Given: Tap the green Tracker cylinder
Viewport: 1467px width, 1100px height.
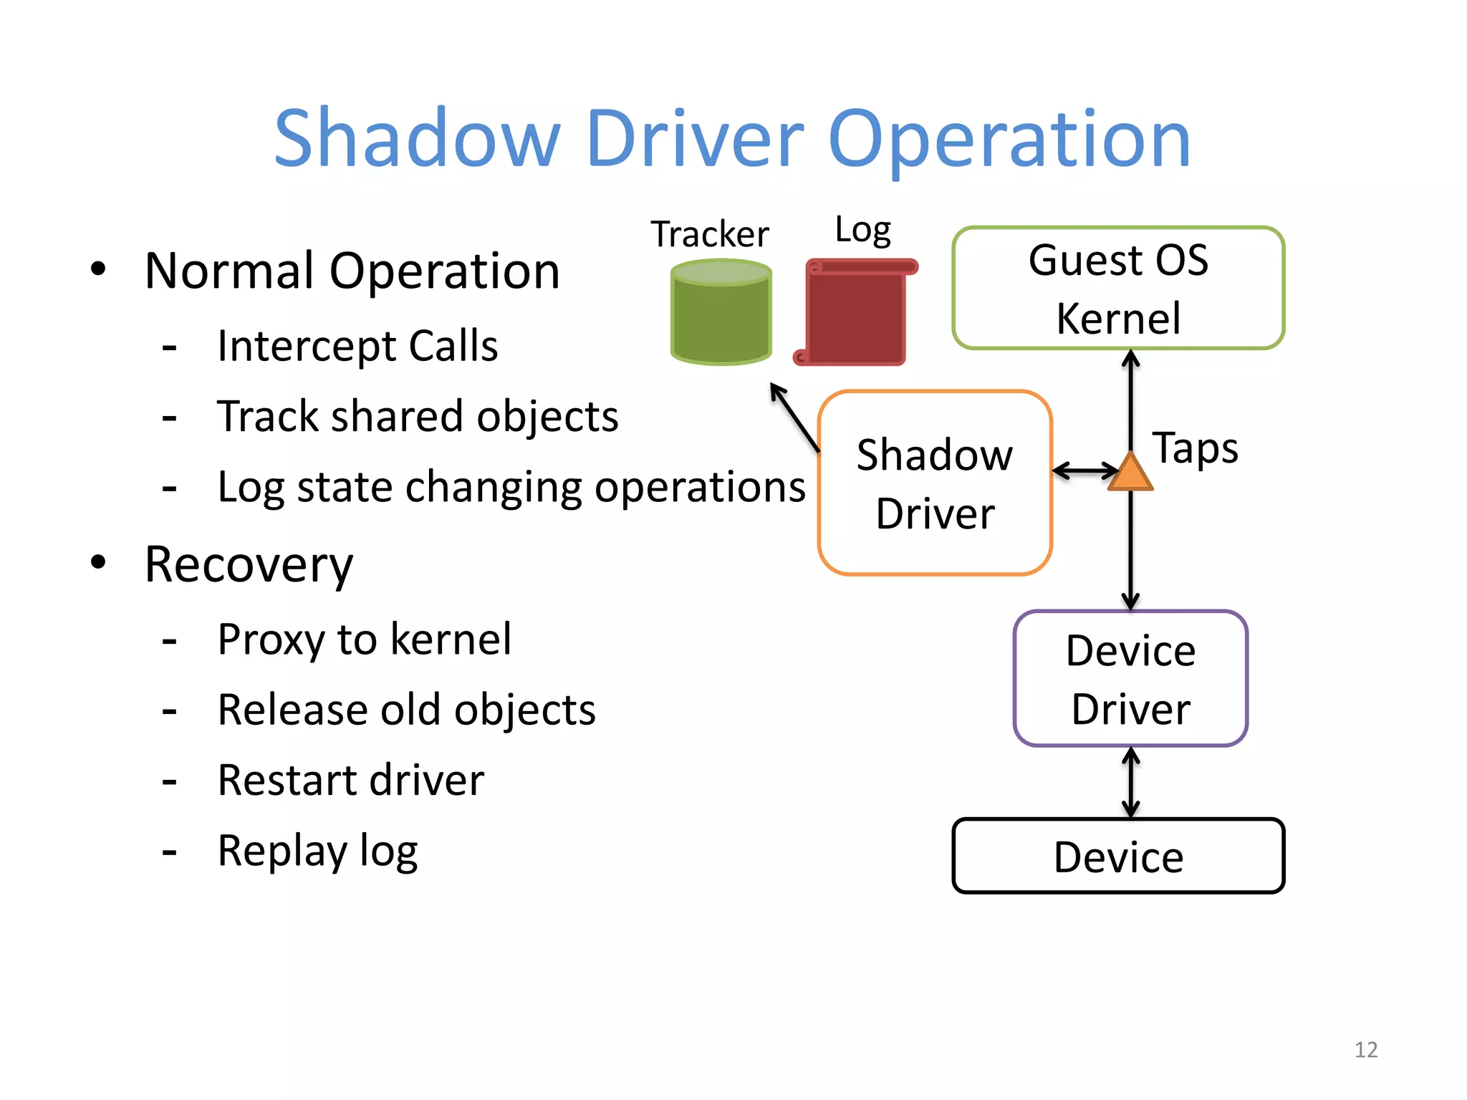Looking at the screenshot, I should [x=721, y=313].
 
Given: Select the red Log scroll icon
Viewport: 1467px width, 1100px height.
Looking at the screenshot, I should [x=854, y=314].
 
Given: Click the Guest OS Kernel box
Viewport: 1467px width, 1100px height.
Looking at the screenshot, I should [x=1117, y=288].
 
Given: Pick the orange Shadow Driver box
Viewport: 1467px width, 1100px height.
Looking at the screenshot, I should [x=934, y=483].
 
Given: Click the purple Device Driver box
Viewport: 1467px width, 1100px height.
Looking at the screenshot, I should [x=1130, y=679].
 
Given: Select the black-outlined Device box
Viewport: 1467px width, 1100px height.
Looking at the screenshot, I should [x=1117, y=857].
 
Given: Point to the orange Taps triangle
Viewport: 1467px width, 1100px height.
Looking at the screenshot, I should [x=1130, y=474].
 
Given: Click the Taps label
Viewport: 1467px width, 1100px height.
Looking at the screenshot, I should [x=1195, y=449].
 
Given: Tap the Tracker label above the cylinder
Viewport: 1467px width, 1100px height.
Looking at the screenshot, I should [x=709, y=234].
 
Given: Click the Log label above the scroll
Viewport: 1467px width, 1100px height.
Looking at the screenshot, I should [x=862, y=230].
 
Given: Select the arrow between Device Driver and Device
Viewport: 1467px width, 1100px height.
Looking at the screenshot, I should [x=1130, y=782].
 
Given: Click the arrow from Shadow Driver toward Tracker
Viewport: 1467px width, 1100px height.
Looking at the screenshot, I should [x=794, y=418].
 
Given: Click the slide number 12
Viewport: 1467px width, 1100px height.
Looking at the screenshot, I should [x=1365, y=1050].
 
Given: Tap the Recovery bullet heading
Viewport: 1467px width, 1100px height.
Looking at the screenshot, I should [x=249, y=565].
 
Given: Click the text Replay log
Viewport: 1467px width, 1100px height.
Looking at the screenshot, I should [x=317, y=851].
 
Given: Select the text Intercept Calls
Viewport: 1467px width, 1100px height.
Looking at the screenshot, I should [x=357, y=347].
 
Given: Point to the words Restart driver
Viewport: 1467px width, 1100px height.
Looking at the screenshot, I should [x=350, y=781].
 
